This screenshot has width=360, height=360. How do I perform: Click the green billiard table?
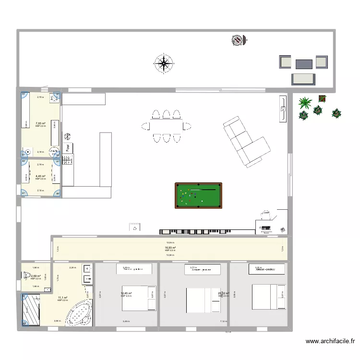[x=198, y=195]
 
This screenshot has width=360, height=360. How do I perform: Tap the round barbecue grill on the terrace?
[x=237, y=41]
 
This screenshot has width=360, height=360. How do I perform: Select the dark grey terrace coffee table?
[x=304, y=64]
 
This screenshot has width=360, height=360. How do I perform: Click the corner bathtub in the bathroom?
[x=78, y=313]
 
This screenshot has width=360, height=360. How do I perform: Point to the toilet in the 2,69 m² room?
[x=25, y=276]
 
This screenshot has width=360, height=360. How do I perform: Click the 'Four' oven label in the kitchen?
[x=68, y=148]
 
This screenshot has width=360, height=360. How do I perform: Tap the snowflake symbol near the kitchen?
[x=68, y=136]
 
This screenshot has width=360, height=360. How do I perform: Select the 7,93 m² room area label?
[x=40, y=123]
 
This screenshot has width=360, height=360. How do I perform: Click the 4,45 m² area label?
[x=40, y=176]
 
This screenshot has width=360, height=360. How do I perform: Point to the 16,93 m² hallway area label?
[x=170, y=248]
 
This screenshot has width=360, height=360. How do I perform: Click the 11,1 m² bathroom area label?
[x=62, y=298]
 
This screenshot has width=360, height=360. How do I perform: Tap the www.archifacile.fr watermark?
[x=330, y=342]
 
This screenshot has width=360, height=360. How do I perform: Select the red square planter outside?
[x=322, y=99]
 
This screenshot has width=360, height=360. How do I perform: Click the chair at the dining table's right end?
[x=188, y=126]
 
